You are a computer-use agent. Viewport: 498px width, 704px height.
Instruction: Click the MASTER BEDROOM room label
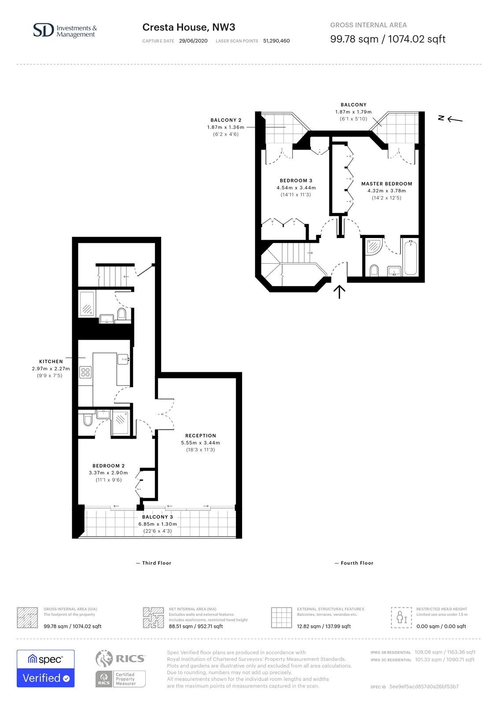tap(386, 183)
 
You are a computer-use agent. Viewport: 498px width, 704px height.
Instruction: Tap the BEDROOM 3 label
tap(296, 180)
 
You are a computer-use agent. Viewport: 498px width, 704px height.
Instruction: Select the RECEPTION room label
tap(201, 436)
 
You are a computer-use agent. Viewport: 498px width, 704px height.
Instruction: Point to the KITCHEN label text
tap(51, 361)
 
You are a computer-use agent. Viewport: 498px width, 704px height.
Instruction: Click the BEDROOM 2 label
tap(108, 466)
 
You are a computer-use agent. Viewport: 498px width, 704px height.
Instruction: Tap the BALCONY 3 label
tap(157, 517)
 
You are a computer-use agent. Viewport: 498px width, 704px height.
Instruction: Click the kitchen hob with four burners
tap(85, 372)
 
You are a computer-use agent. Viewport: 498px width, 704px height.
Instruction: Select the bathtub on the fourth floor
tap(410, 257)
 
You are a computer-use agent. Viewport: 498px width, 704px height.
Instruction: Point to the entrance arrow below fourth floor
tap(339, 292)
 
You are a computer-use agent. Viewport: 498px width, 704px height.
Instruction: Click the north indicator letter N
tap(441, 118)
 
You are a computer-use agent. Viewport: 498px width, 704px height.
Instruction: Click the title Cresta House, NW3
tap(189, 27)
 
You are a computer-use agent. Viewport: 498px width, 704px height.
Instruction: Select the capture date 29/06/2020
tap(193, 41)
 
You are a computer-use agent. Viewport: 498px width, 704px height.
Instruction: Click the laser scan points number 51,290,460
tap(276, 41)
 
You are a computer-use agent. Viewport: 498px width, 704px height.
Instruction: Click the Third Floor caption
tap(157, 563)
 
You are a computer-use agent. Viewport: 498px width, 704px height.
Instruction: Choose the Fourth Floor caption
tap(357, 563)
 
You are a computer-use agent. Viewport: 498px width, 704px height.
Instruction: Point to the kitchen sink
tap(123, 359)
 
